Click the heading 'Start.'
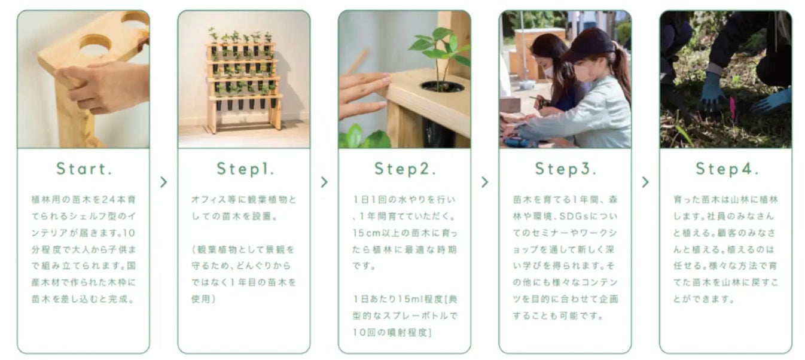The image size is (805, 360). click(84, 169)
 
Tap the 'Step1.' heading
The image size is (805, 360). click(245, 169)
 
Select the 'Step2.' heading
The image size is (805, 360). click(405, 169)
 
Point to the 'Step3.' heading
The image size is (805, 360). click(566, 169)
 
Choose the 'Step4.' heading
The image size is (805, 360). click(727, 169)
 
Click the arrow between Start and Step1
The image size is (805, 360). click(163, 182)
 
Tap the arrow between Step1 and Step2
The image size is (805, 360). click(324, 182)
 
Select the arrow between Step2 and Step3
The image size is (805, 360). click(485, 182)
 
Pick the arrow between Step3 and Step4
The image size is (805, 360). click(645, 182)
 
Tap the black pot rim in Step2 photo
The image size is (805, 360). click(442, 86)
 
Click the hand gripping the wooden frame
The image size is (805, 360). click(104, 86)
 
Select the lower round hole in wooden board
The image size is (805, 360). click(96, 45)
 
